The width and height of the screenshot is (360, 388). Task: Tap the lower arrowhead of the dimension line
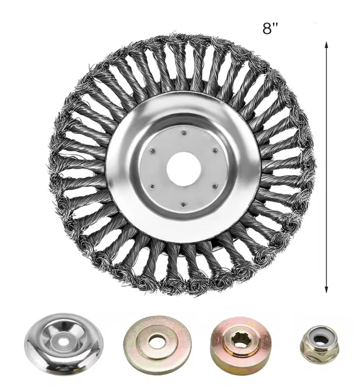[326, 290]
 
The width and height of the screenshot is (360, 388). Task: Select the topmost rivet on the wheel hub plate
[183, 133]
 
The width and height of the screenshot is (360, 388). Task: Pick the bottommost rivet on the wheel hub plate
[183, 204]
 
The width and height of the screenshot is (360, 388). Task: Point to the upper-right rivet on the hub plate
[214, 150]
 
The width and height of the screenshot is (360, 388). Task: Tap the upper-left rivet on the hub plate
[153, 150]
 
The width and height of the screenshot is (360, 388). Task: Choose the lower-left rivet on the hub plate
[153, 186]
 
